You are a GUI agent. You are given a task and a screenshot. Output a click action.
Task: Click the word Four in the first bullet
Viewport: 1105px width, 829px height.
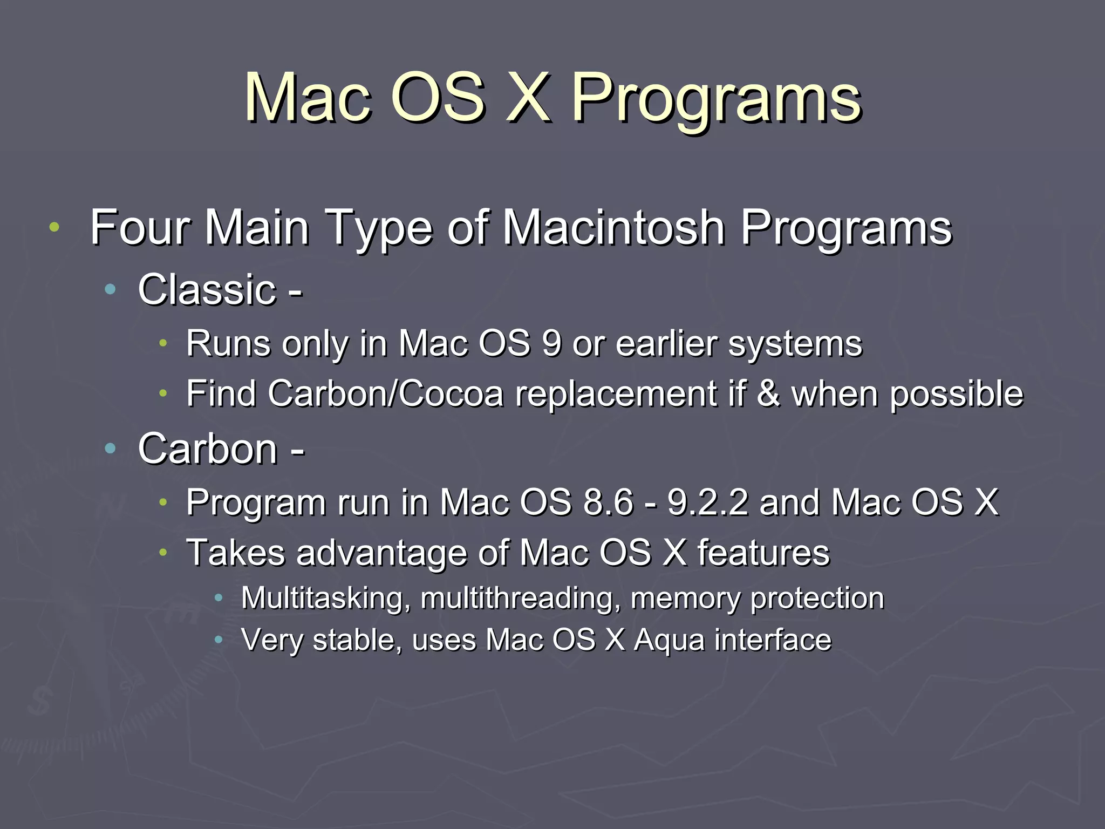point(139,228)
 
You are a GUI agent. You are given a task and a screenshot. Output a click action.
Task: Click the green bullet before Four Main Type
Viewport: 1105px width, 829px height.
point(54,227)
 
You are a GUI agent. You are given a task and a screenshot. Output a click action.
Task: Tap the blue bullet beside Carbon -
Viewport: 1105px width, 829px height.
point(111,448)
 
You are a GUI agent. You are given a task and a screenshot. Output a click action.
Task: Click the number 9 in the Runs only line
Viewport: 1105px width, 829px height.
point(551,344)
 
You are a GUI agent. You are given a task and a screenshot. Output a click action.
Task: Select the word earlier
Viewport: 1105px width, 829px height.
point(666,344)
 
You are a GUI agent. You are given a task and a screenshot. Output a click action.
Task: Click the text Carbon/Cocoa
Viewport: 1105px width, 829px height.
point(385,393)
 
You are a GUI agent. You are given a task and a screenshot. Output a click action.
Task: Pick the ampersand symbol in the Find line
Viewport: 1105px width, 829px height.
point(768,393)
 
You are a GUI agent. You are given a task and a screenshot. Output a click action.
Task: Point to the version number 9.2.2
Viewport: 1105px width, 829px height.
point(708,502)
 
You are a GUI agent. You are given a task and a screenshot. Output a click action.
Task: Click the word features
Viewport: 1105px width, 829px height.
point(763,553)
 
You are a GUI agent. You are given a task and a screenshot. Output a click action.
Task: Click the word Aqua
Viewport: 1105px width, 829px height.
point(669,641)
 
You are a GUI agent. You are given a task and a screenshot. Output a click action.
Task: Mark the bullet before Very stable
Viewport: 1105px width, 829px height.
point(219,640)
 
